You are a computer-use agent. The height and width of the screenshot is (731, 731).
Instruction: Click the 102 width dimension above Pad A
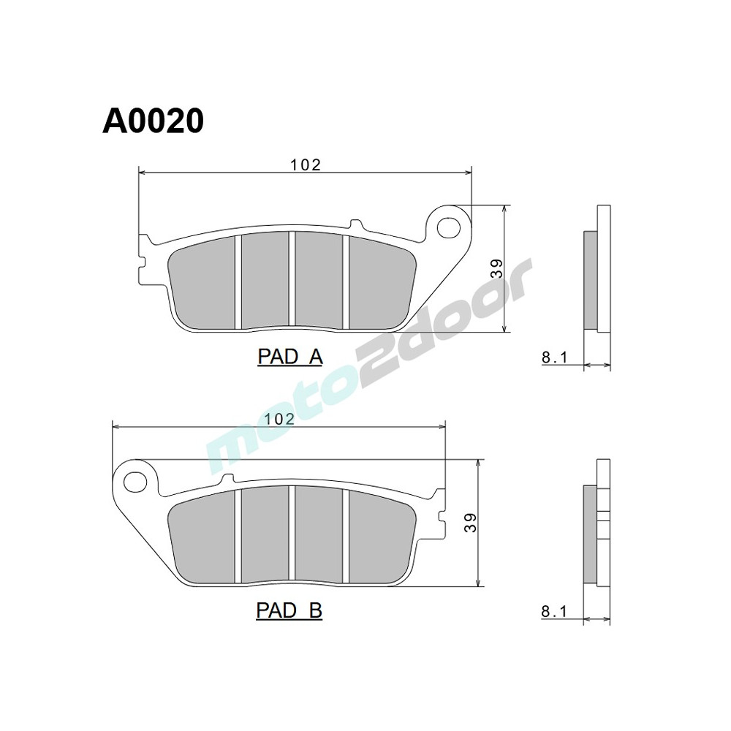[306, 165]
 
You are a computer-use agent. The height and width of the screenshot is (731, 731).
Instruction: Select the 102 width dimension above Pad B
[279, 419]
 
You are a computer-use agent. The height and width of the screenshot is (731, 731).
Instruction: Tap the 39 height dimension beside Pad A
[497, 269]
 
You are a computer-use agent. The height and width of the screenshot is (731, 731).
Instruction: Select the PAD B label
[289, 610]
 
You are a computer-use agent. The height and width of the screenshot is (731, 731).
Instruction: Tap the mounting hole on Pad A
[447, 228]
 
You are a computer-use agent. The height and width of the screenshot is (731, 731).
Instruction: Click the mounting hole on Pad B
[134, 482]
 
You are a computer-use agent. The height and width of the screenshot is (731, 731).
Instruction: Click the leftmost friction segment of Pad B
[202, 538]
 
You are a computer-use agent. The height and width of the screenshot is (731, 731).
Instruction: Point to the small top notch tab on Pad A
[356, 224]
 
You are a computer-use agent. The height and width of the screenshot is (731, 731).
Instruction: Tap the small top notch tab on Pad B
[227, 479]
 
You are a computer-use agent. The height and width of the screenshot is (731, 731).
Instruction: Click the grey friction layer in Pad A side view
[590, 280]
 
